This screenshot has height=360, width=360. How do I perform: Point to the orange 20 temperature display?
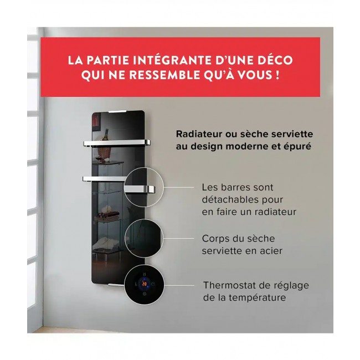[143, 284]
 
